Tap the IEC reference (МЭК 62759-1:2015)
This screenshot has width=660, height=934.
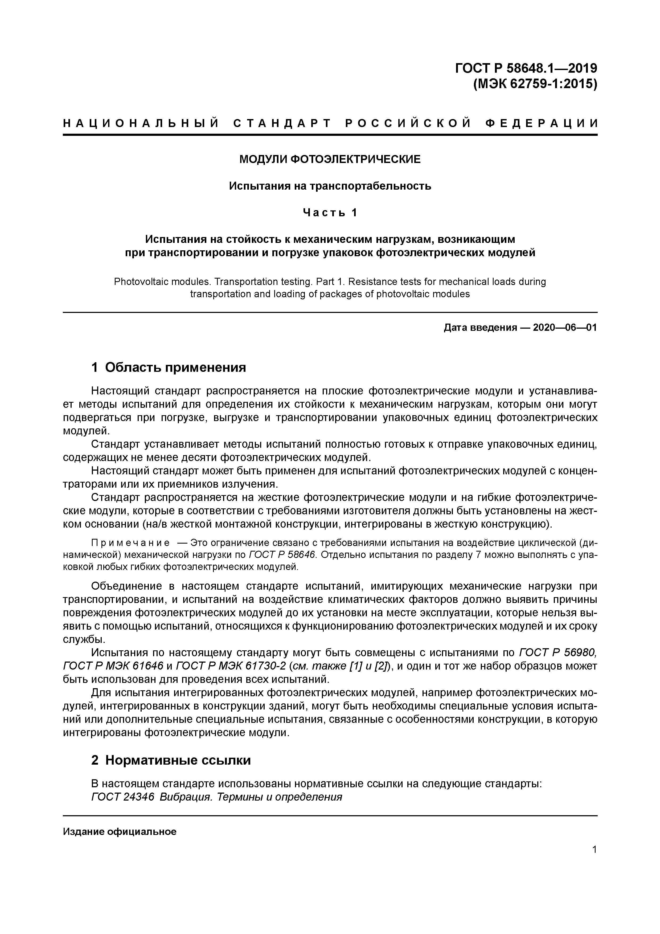pyautogui.click(x=535, y=84)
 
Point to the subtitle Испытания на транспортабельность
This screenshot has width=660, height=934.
pyautogui.click(x=330, y=186)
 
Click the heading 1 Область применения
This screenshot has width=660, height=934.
pyautogui.click(x=169, y=367)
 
